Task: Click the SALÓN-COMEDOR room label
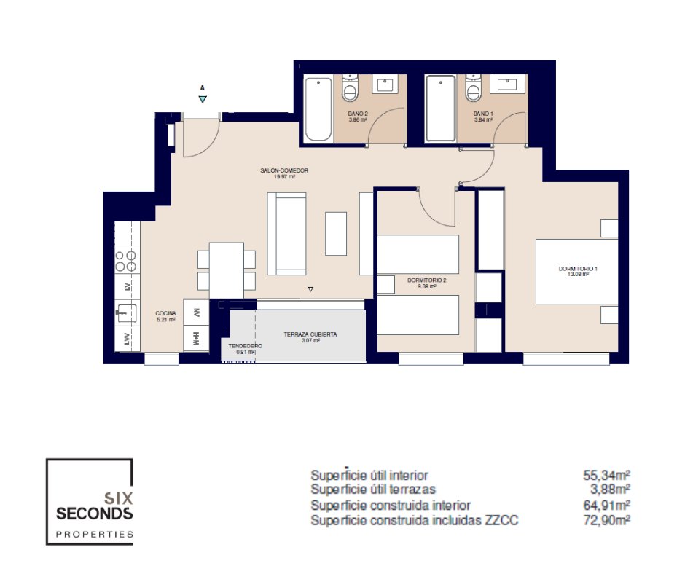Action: pyautogui.click(x=284, y=170)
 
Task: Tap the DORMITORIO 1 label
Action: pyautogui.click(x=578, y=269)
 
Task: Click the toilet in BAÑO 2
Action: pyautogui.click(x=350, y=87)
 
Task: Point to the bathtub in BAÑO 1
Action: pyautogui.click(x=441, y=109)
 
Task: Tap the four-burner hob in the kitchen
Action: pyautogui.click(x=126, y=261)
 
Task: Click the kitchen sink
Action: pyautogui.click(x=126, y=313)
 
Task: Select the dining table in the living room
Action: pyautogui.click(x=227, y=270)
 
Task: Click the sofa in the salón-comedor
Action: pyautogui.click(x=286, y=233)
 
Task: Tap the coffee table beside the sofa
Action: pyautogui.click(x=336, y=234)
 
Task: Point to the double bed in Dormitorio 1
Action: pyautogui.click(x=576, y=271)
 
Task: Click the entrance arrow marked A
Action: pyautogui.click(x=203, y=99)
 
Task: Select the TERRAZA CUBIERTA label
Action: pyautogui.click(x=310, y=334)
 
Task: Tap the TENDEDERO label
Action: pyautogui.click(x=245, y=346)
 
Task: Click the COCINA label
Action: pyautogui.click(x=165, y=314)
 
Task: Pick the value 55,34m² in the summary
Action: pyautogui.click(x=606, y=475)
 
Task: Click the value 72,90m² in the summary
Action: pyautogui.click(x=606, y=520)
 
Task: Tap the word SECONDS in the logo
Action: pyautogui.click(x=94, y=514)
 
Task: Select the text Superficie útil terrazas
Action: pyautogui.click(x=373, y=490)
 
